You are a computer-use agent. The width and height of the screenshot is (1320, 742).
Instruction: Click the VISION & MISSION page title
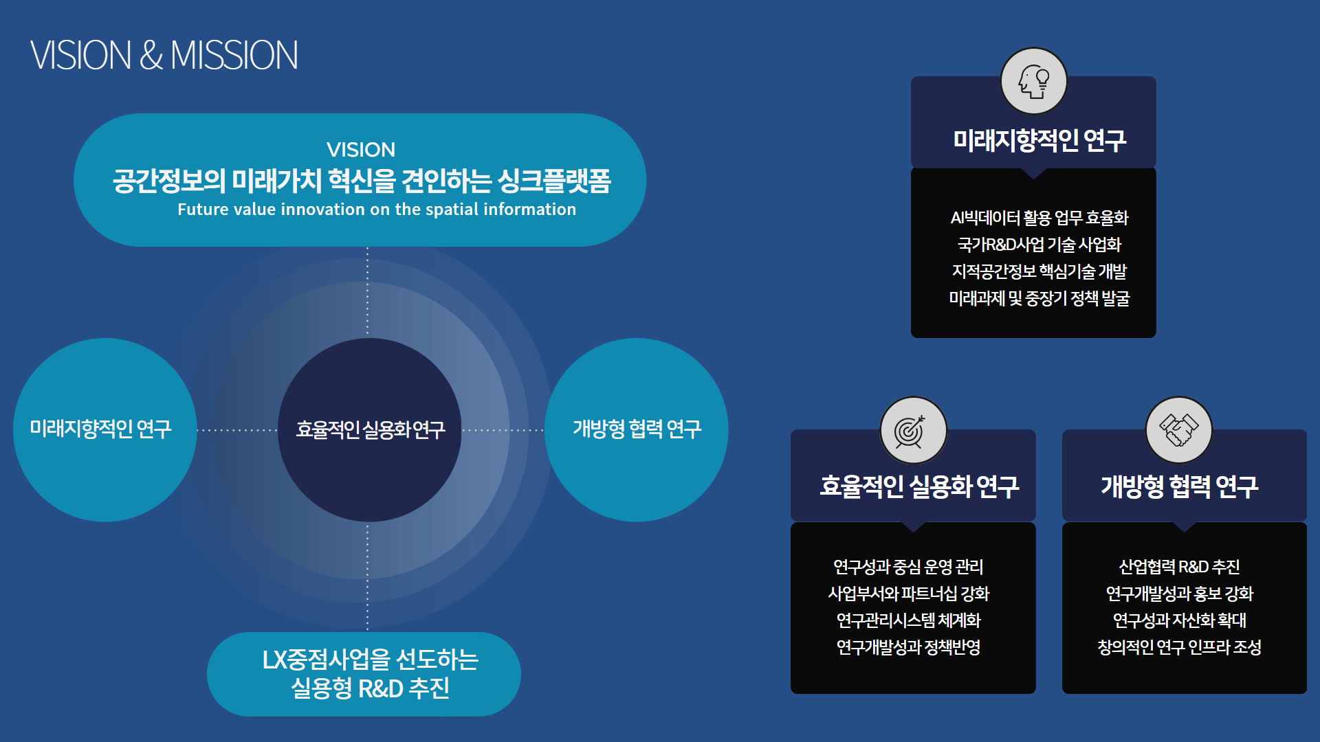[x=164, y=55]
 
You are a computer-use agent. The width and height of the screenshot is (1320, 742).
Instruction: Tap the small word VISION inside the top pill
[x=361, y=150]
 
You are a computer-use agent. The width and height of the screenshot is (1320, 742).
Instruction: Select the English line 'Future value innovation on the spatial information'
[x=377, y=210]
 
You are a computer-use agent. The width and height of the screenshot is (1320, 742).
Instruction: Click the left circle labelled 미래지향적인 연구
[x=105, y=429]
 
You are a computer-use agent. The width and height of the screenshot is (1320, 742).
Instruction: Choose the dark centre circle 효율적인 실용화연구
[x=370, y=429]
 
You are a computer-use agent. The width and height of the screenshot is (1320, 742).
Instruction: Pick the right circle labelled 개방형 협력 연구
[x=637, y=429]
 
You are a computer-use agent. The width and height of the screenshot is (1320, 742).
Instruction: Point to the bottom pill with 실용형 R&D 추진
[x=364, y=674]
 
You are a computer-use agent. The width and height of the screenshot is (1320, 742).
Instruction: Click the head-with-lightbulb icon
[x=1033, y=81]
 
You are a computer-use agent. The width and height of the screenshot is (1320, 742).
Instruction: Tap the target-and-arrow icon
[x=914, y=430]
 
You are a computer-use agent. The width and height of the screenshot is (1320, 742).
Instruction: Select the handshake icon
[x=1179, y=430]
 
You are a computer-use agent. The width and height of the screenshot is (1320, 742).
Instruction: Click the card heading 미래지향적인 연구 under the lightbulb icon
[x=1039, y=140]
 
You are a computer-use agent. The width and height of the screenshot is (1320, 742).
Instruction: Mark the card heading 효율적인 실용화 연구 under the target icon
[x=919, y=486]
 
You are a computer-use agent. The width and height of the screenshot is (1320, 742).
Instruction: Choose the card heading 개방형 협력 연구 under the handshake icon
[x=1180, y=486]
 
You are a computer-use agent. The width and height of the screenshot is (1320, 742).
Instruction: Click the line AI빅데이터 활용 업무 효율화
[x=1039, y=218]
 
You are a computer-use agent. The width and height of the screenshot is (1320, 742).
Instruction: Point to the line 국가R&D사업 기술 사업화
[x=1039, y=245]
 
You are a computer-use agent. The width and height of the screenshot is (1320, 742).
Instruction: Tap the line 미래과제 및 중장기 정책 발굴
[x=1039, y=298]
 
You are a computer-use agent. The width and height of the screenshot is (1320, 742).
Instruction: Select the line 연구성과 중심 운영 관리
[x=908, y=567]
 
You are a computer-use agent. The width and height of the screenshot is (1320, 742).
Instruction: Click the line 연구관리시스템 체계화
[x=908, y=620]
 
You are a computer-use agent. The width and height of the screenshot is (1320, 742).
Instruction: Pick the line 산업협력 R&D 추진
[x=1179, y=567]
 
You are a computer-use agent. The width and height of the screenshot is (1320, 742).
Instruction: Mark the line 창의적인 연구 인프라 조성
[x=1179, y=647]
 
